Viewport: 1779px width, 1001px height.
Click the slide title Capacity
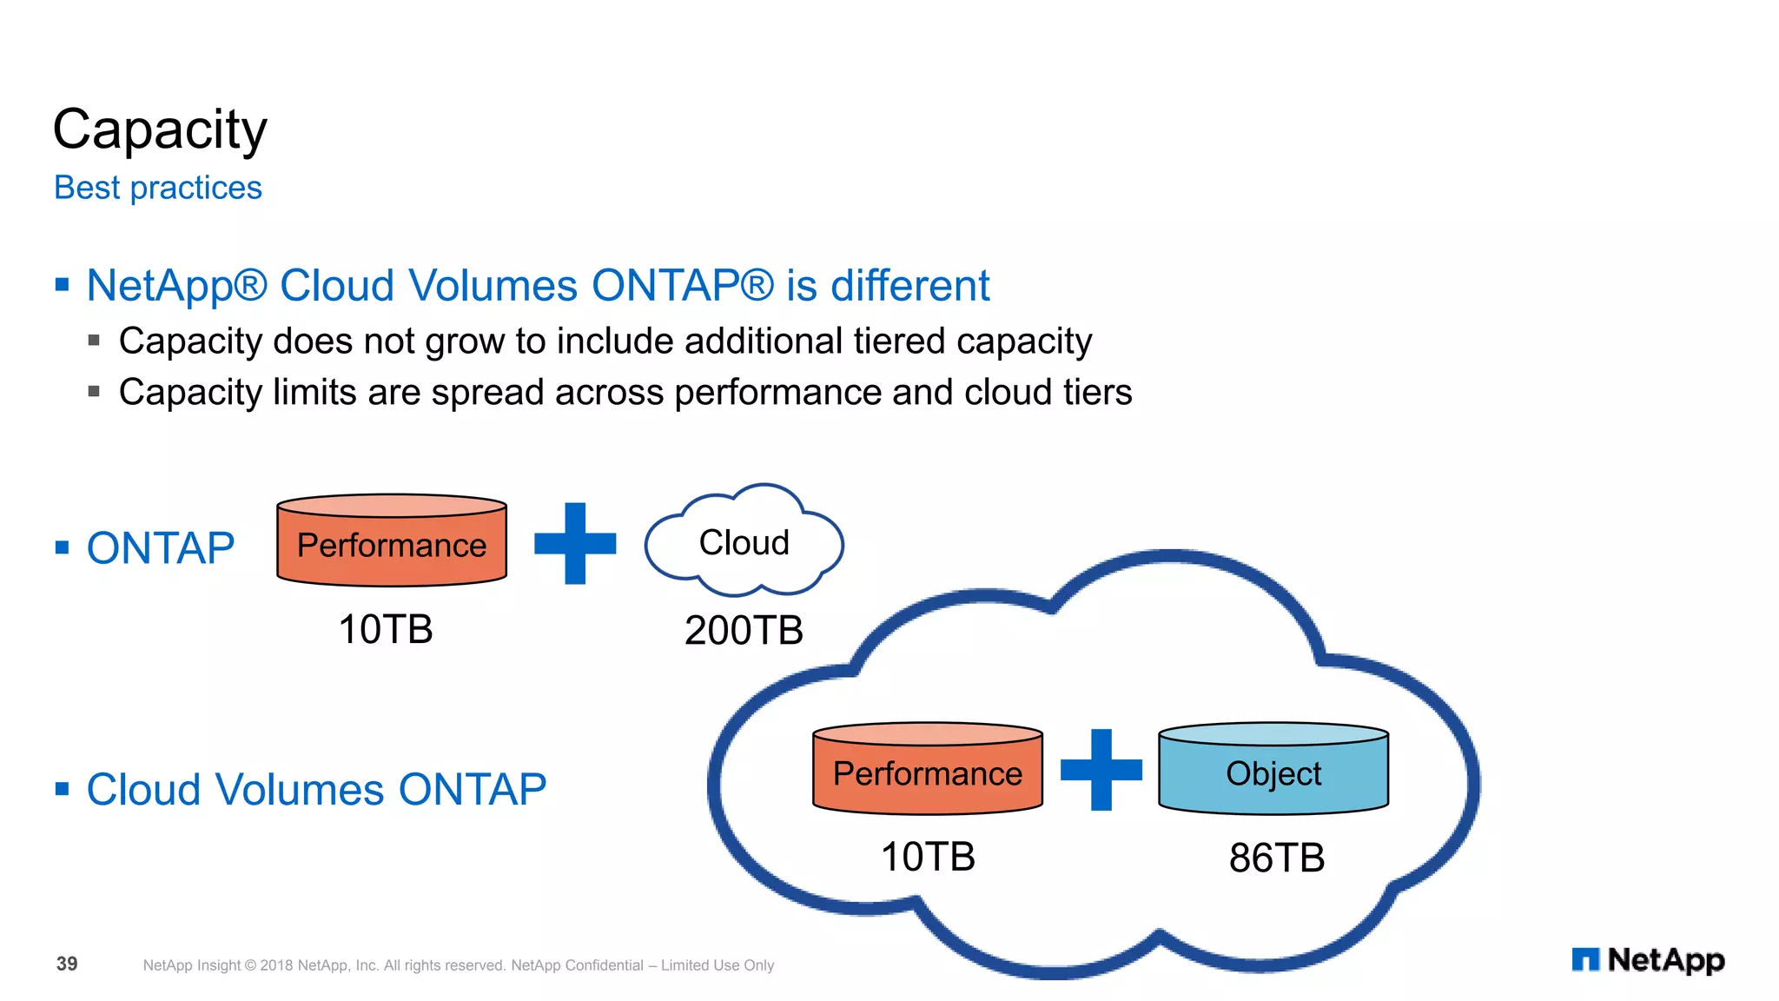coord(160,130)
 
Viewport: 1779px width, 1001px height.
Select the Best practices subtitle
coord(157,188)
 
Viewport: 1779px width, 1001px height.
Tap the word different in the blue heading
coord(909,286)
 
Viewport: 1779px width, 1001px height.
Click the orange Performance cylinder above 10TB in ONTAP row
coord(392,544)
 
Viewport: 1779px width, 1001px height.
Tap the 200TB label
coord(744,630)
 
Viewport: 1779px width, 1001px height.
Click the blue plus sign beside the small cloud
coord(575,544)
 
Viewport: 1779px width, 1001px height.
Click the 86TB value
coord(1276,858)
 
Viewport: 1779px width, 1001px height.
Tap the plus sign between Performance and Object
coord(1101,770)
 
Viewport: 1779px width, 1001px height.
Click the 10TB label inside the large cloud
coord(928,857)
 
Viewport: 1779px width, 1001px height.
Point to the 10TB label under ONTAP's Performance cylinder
coord(386,629)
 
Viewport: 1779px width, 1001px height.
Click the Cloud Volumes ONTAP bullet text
coord(316,790)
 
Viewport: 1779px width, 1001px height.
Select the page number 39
coord(67,964)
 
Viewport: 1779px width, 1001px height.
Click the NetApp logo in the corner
coord(1648,960)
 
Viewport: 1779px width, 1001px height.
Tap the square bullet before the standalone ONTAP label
coord(62,547)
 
